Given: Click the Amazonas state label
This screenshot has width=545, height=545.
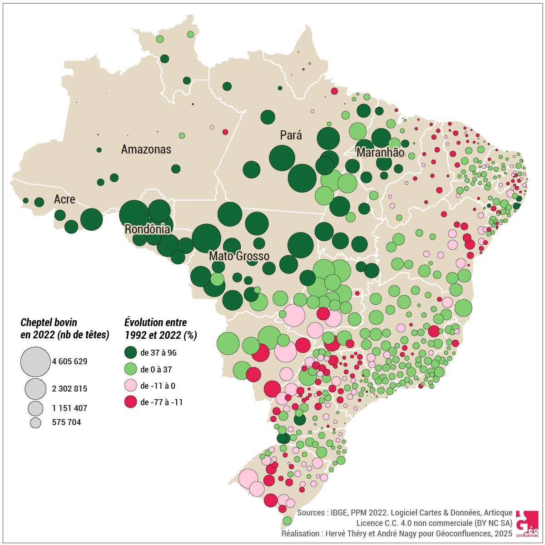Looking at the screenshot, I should (x=146, y=149).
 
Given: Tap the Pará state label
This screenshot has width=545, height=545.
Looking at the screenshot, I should (x=291, y=135).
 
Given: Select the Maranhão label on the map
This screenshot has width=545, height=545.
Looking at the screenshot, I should (x=380, y=153).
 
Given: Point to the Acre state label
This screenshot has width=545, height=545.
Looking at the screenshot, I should (x=64, y=199).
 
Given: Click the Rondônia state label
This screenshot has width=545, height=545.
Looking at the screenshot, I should (x=148, y=229).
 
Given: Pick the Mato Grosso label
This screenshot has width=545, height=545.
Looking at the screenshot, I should (x=239, y=256).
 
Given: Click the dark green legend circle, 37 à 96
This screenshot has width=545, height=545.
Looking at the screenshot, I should (x=131, y=352).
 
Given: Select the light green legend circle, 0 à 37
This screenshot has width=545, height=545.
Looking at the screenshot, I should (x=131, y=369).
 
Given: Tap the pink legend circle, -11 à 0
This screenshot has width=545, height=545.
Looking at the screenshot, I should (x=131, y=386).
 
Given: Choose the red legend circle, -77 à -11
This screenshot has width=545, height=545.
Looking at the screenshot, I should (x=131, y=402).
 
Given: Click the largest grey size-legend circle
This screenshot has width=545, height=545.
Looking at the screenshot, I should (x=35, y=362).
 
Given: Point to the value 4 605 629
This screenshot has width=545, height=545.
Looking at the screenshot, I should (x=69, y=362).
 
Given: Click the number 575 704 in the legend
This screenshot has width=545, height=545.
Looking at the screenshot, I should (x=66, y=422).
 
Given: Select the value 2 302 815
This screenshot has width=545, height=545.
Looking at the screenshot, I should (x=69, y=389).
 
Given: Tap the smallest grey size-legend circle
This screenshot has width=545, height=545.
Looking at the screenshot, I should (x=35, y=423).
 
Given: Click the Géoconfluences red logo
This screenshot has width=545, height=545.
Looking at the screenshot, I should (x=527, y=523).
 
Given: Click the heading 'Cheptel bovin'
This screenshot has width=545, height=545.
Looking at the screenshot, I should (x=49, y=322).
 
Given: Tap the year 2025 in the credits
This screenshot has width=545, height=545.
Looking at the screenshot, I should (x=504, y=533).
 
